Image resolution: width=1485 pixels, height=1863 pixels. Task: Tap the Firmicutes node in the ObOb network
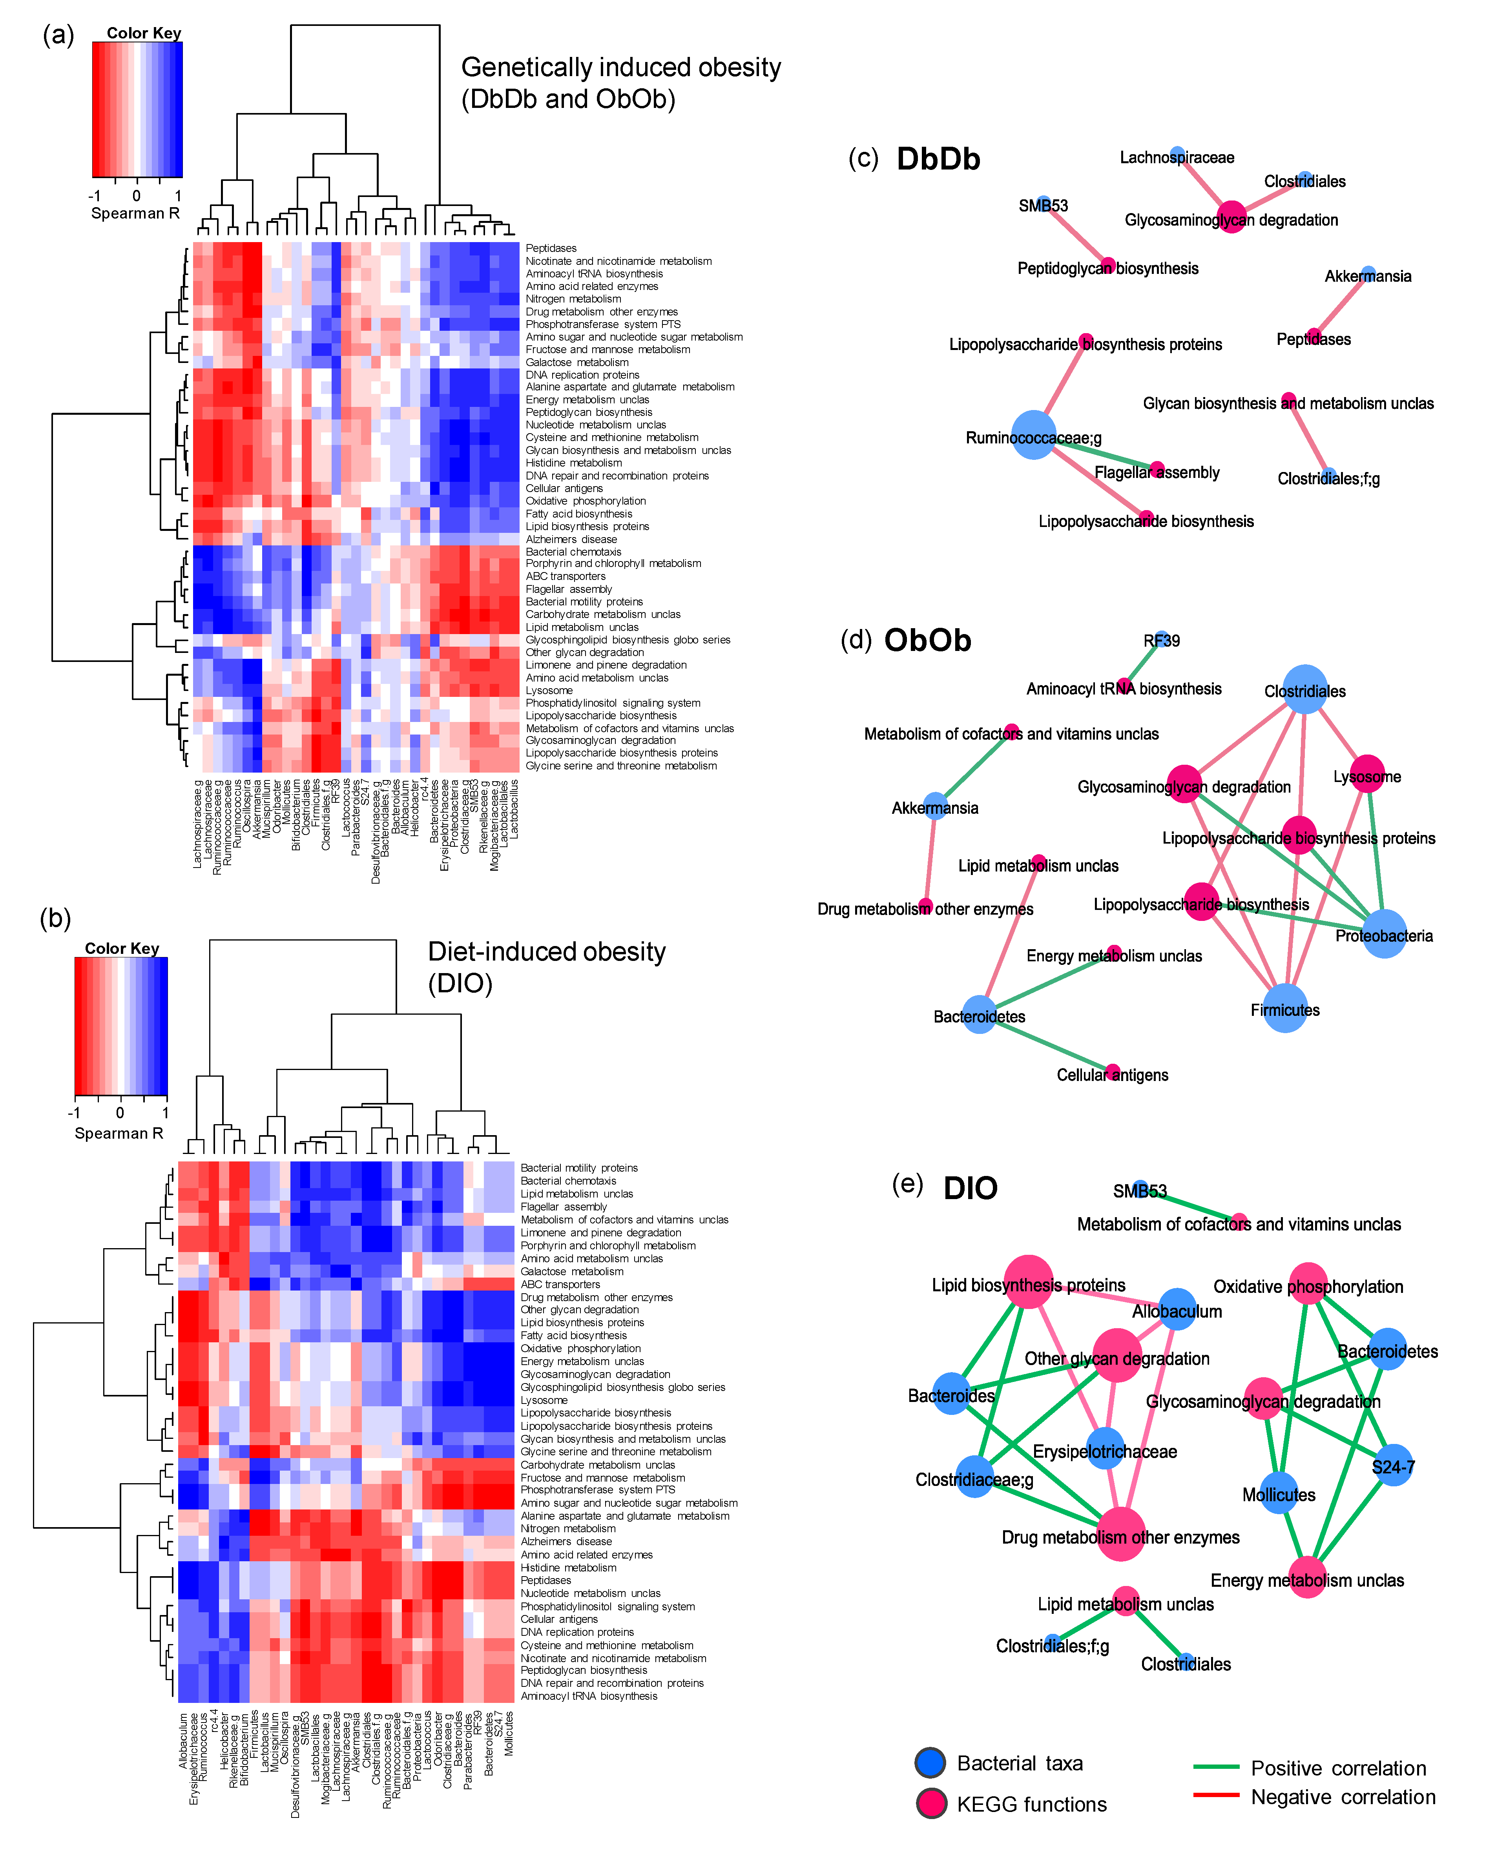pos(1285,1008)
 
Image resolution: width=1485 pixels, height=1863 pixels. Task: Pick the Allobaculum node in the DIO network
pos(1177,1309)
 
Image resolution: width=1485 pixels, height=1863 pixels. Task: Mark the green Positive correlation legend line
pos(1216,1767)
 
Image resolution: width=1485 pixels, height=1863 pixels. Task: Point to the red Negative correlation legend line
pos(1216,1796)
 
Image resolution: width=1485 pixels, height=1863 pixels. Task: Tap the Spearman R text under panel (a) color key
pos(135,213)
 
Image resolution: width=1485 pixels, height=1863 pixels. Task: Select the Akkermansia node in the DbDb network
pos(1367,273)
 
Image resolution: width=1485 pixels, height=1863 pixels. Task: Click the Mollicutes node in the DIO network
pos(1279,1492)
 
